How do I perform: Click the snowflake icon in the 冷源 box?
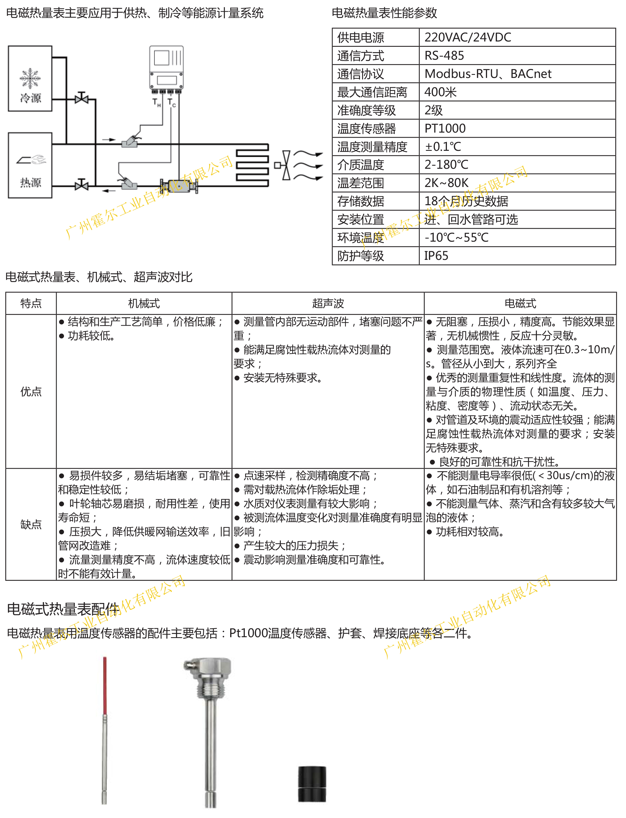30,78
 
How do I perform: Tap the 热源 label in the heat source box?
31,182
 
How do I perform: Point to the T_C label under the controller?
172,102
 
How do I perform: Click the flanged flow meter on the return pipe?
179,185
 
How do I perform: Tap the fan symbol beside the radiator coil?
286,165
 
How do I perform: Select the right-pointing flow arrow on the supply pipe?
109,140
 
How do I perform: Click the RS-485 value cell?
444,56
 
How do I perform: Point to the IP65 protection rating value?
436,256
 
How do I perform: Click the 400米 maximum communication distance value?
440,92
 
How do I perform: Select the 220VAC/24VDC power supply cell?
468,37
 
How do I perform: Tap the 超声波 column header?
328,303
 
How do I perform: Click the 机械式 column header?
144,303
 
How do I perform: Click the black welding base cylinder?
312,784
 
